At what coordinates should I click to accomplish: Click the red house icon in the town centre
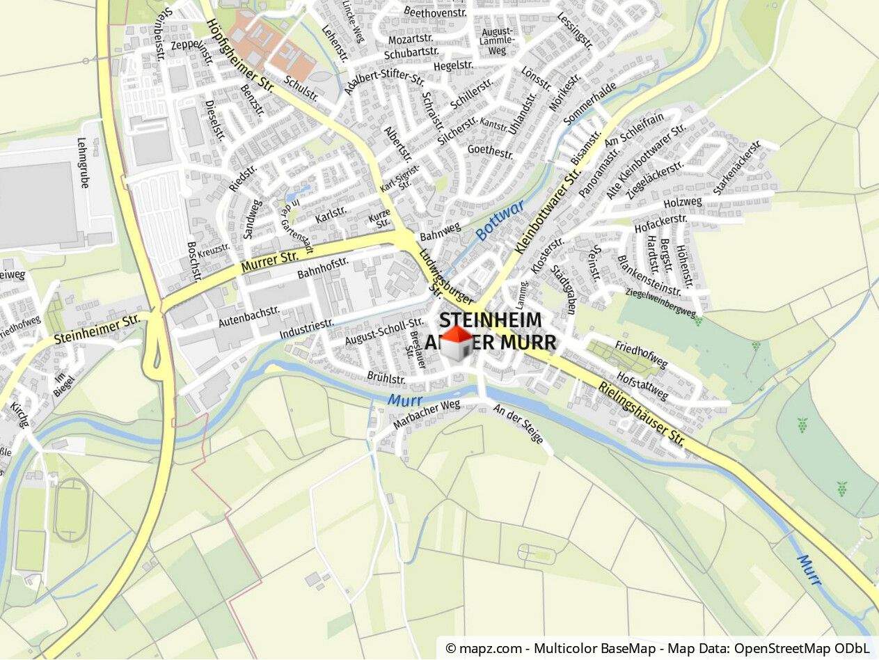457,343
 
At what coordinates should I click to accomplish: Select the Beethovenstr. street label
436,11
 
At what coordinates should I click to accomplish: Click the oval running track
71,510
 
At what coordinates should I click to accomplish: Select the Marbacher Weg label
427,415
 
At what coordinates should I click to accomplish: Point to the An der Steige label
518,423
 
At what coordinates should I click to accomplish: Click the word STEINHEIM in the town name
490,320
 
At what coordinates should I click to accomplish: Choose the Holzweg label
683,203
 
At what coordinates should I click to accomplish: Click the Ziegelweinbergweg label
661,304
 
